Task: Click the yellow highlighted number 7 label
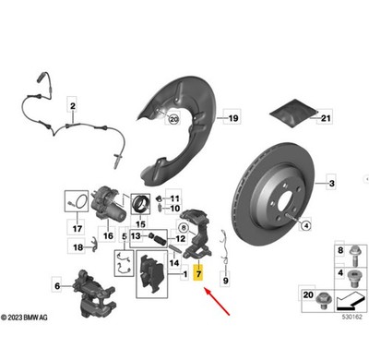[x=198, y=273]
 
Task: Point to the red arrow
[x=217, y=301]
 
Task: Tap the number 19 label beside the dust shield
[x=233, y=118]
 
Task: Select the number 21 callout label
[x=326, y=118]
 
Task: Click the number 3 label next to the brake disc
[x=331, y=184]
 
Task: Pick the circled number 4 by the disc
[x=306, y=226]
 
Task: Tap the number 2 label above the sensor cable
[x=73, y=106]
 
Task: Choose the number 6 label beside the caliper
[x=57, y=286]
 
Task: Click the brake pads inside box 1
[x=151, y=274]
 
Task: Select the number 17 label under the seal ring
[x=77, y=229]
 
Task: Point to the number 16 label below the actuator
[x=108, y=236]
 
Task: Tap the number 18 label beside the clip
[x=78, y=247]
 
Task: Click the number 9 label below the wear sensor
[x=226, y=281]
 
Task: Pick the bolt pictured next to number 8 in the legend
[x=353, y=255]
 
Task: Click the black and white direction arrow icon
[x=350, y=301]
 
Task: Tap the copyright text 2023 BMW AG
[x=24, y=318]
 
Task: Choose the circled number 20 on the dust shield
[x=174, y=119]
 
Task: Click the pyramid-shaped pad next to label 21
[x=293, y=113]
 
